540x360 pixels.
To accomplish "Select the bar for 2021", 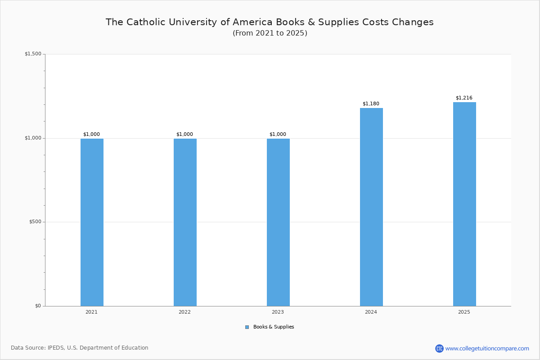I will (92, 222).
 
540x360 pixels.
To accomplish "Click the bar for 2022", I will (185, 222).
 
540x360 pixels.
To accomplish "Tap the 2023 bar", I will (278, 222).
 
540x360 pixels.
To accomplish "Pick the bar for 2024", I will (371, 207).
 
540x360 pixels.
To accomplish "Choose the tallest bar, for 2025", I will (464, 204).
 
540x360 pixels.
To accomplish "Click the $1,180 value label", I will (371, 104).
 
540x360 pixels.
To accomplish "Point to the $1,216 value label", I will (464, 98).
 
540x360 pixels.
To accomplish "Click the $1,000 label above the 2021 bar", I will (91, 135).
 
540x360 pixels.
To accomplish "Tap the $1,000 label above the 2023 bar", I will (278, 135).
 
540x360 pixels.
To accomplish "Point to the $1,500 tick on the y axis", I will (33, 54).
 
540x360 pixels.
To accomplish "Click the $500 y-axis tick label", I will (35, 222).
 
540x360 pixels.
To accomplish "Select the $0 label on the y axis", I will (38, 306).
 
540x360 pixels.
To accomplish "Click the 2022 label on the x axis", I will (184, 312).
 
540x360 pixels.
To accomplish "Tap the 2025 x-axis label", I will (464, 312).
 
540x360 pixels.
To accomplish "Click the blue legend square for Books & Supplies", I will (247, 327).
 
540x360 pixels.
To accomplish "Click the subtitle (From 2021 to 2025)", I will (270, 33).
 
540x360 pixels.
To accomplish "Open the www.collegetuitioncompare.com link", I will (487, 348).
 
